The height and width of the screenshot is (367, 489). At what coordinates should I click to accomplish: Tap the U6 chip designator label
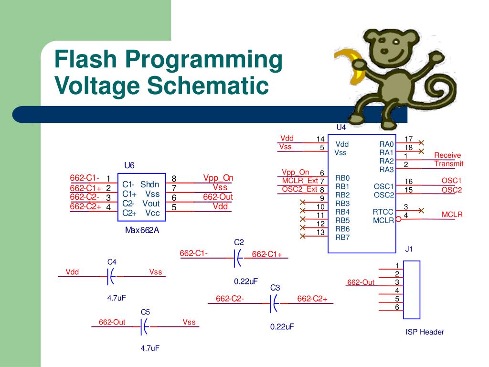(129, 165)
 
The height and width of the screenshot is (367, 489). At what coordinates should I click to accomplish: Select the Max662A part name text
(142, 230)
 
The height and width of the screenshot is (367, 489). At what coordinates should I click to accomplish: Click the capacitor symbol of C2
(237, 258)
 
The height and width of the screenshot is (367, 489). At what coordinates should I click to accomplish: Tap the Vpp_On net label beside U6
(218, 178)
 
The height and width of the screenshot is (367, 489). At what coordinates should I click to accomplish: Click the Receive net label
(447, 155)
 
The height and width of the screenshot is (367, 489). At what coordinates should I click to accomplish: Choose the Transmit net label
(449, 164)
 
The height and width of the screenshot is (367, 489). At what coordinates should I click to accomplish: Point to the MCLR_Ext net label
(300, 181)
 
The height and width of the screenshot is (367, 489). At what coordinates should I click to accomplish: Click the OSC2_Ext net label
(299, 189)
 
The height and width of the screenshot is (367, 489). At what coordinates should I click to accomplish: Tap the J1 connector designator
(409, 249)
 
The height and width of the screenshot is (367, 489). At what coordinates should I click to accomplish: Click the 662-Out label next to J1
(361, 282)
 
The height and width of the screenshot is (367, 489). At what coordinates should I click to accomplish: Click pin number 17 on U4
(408, 139)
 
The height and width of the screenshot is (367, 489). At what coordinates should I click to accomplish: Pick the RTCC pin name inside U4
(383, 212)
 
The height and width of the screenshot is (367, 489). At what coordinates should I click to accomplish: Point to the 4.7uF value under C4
(116, 298)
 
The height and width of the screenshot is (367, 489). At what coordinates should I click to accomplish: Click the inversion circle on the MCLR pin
(398, 220)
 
